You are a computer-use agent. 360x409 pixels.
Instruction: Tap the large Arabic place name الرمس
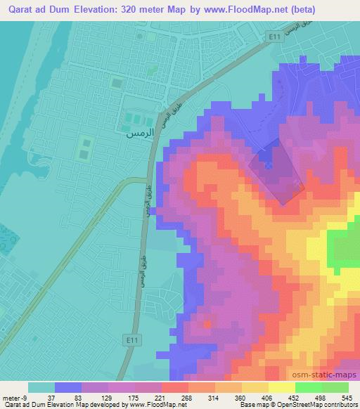[x=138, y=132]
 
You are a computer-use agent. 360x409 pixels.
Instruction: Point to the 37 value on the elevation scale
[x=41, y=397]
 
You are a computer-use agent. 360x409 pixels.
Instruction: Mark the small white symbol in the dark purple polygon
[x=269, y=166]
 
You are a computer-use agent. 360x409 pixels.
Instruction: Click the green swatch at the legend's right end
[x=335, y=387]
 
